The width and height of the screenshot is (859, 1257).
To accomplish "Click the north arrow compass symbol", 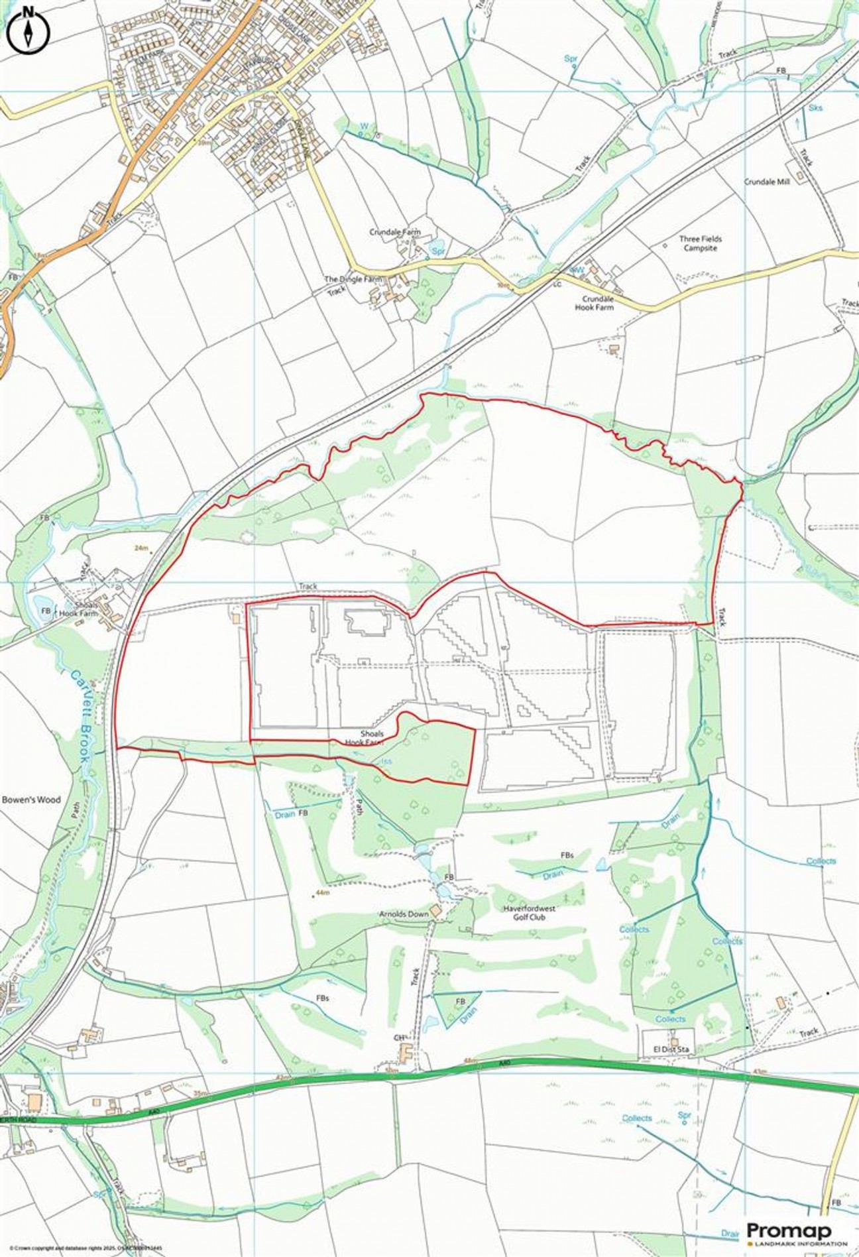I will [x=28, y=30].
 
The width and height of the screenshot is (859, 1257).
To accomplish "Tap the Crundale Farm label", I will [x=395, y=233].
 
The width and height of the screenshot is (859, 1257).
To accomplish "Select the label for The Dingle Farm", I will [x=353, y=279].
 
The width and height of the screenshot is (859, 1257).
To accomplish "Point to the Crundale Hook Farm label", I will [x=595, y=303].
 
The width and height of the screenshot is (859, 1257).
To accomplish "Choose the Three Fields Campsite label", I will [x=701, y=243].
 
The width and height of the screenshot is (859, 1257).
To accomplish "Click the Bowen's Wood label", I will [x=31, y=800].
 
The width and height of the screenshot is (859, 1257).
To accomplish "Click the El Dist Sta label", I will [x=667, y=1049].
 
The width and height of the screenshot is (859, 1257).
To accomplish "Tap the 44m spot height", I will [x=323, y=893].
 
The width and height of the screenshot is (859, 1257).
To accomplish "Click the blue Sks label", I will [x=815, y=107].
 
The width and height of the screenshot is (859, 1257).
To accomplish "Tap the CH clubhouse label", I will [x=399, y=1037].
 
